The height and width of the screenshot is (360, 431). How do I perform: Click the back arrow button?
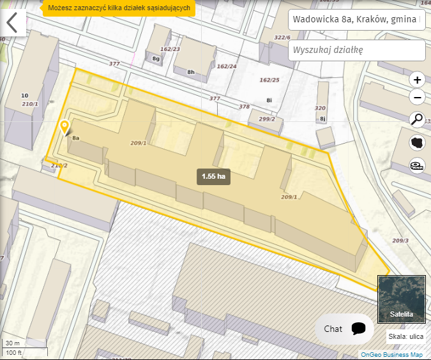(x=12, y=22)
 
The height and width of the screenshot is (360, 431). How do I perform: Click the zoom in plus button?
(x=417, y=80)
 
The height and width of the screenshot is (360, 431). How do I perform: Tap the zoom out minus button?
(x=417, y=98)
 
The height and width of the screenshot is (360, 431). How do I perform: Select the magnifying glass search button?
(x=417, y=119)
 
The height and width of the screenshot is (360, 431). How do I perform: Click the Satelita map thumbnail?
(x=401, y=299)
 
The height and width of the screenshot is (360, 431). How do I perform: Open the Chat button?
(x=344, y=329)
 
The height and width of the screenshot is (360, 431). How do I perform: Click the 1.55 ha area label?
(x=213, y=176)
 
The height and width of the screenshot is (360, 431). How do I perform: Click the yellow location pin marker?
(x=64, y=128)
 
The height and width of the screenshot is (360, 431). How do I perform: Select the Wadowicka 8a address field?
(x=356, y=20)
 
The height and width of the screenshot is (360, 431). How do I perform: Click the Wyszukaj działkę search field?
(x=356, y=50)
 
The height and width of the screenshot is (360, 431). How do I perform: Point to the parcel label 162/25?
(x=269, y=80)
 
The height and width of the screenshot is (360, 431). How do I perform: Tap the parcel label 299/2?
(x=267, y=119)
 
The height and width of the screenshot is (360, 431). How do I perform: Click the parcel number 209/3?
(x=400, y=240)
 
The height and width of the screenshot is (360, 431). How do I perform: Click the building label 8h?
(x=190, y=72)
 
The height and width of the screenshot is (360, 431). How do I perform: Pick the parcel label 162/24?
(x=226, y=66)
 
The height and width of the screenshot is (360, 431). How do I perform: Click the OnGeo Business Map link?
(x=391, y=354)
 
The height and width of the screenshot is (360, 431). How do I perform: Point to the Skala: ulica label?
(x=406, y=337)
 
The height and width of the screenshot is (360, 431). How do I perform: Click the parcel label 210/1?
(x=30, y=103)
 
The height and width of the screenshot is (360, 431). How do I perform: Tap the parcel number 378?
(x=244, y=107)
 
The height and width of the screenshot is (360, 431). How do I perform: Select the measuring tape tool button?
(x=417, y=165)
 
